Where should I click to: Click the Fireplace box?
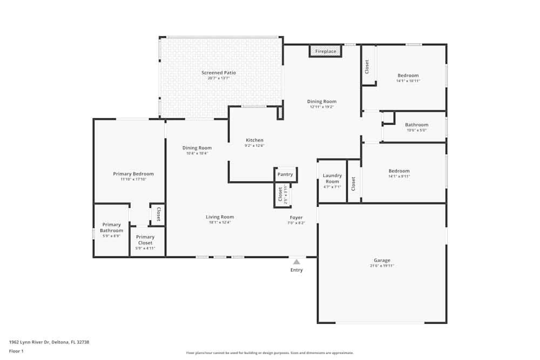(326, 51)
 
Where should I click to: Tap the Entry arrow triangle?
(296, 262)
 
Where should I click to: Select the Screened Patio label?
(219, 73)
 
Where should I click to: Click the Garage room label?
(382, 260)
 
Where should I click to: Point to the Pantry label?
(285, 174)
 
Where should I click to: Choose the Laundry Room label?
(332, 178)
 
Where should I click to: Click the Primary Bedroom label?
(133, 174)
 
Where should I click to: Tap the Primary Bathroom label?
(111, 228)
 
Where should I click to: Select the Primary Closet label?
(145, 240)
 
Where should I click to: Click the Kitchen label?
(254, 140)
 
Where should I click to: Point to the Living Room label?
(220, 217)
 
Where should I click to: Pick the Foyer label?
(296, 218)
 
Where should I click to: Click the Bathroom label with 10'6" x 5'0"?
(416, 125)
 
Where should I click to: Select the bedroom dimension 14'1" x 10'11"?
(408, 81)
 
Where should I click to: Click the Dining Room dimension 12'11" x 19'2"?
(322, 107)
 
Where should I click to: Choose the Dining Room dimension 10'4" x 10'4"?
(197, 153)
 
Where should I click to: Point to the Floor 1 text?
(16, 351)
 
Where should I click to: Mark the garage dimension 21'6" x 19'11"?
(382, 266)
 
